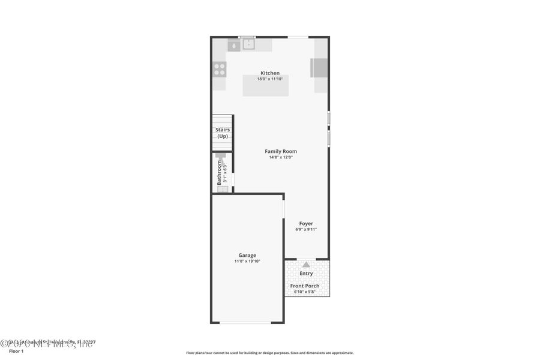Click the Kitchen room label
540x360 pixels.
click(x=269, y=73)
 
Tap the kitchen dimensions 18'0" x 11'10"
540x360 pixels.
click(x=269, y=79)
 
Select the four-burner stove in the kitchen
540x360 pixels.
click(x=220, y=69)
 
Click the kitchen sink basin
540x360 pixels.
click(x=248, y=44)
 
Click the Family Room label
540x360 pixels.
click(x=281, y=151)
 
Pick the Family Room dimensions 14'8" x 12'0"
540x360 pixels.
click(x=281, y=157)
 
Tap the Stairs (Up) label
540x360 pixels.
click(x=223, y=133)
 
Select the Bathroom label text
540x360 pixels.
click(x=220, y=173)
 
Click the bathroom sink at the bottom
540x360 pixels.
click(x=223, y=189)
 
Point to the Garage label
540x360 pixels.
click(x=247, y=255)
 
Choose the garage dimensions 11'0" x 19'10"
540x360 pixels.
click(x=247, y=261)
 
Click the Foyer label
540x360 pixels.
click(x=306, y=223)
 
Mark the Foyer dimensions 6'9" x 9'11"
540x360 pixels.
click(x=306, y=229)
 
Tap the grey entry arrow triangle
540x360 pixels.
click(x=306, y=264)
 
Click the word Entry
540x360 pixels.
click(x=306, y=274)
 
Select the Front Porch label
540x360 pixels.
click(x=305, y=286)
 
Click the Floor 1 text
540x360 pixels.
click(x=16, y=351)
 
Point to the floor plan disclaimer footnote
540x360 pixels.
click(x=269, y=353)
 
